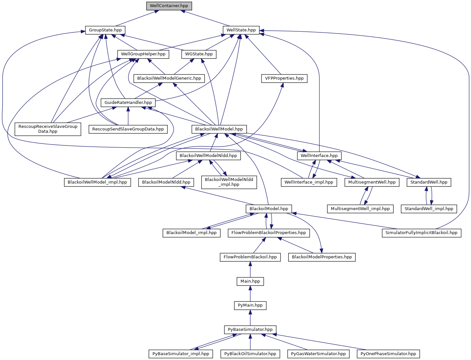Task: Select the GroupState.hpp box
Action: (x=105, y=30)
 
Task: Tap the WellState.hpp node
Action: (x=241, y=30)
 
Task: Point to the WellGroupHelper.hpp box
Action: (x=143, y=54)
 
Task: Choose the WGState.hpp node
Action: (x=199, y=54)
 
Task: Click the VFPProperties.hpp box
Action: (x=284, y=78)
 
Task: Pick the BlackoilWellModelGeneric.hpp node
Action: (x=169, y=78)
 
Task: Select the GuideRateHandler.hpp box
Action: (x=128, y=103)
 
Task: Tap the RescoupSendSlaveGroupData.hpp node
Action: (x=128, y=129)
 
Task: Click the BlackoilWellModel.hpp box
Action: (x=219, y=129)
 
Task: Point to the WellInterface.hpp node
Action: (x=319, y=156)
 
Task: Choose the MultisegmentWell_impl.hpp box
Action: (x=360, y=209)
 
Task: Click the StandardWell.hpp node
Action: (x=429, y=182)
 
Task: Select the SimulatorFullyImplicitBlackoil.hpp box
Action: (x=421, y=233)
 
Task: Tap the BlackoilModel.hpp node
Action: (x=269, y=209)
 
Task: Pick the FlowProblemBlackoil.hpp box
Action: (x=250, y=257)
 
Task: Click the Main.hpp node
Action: (x=250, y=281)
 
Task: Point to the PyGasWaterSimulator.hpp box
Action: (x=318, y=354)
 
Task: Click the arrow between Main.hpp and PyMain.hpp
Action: (x=250, y=293)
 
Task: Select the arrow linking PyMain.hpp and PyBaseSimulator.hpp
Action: (x=250, y=318)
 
